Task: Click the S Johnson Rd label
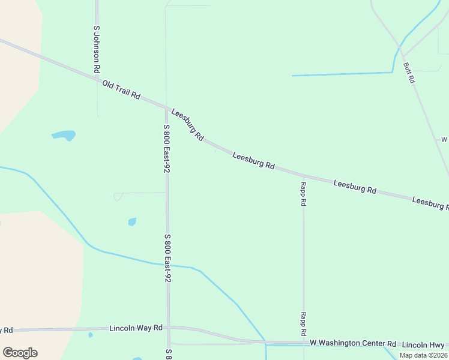coord(96,49)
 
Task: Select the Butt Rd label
coord(409,72)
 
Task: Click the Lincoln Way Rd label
coord(136,328)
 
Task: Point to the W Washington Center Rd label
coord(353,343)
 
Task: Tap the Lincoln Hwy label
coord(423,344)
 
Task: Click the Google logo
coord(20,353)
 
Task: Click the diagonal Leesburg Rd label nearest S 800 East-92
coord(188,125)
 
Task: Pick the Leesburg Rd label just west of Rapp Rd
coord(253,160)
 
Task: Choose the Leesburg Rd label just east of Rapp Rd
coord(354,187)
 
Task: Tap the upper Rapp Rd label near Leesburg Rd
coord(304,194)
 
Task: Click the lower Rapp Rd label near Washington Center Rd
coord(304,324)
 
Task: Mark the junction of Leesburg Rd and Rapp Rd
coord(303,175)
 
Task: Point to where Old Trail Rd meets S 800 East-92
coord(166,108)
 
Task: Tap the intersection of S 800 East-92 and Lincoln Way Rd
coord(169,328)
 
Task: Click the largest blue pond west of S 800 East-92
coord(64,135)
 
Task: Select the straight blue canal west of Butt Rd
coord(342,74)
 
